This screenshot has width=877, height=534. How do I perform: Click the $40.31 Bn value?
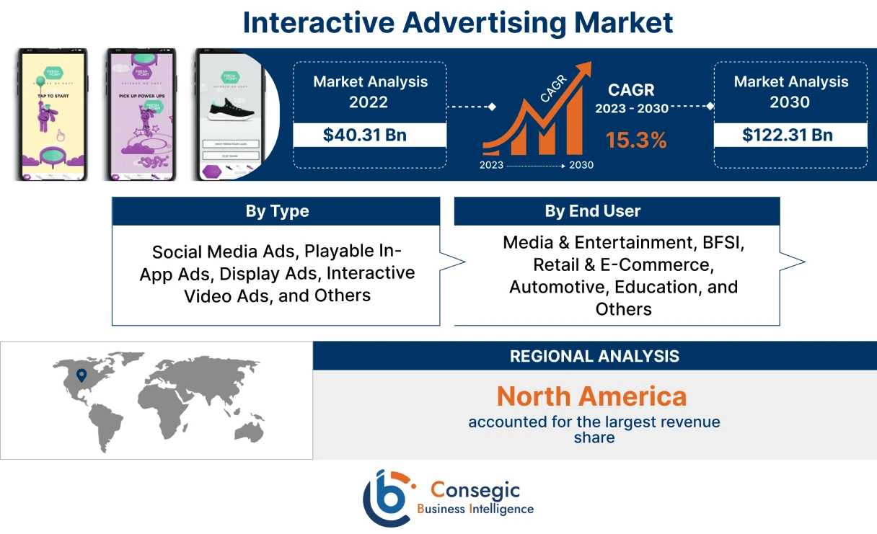[x=369, y=135]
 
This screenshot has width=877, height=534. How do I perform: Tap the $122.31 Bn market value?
[x=790, y=135]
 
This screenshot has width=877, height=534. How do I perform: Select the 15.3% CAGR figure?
[x=636, y=140]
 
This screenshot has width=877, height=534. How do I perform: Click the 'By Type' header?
[x=277, y=211]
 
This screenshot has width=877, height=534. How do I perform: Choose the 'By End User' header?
[x=592, y=211]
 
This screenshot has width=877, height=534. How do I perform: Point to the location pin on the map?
[x=81, y=375]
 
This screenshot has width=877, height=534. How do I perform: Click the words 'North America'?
[x=591, y=396]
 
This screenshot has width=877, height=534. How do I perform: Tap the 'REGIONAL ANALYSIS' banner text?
[x=594, y=356]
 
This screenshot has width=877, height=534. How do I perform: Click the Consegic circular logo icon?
[x=387, y=498]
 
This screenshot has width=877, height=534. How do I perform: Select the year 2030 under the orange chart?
[x=581, y=165]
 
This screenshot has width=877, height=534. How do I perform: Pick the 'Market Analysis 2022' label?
[x=370, y=92]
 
